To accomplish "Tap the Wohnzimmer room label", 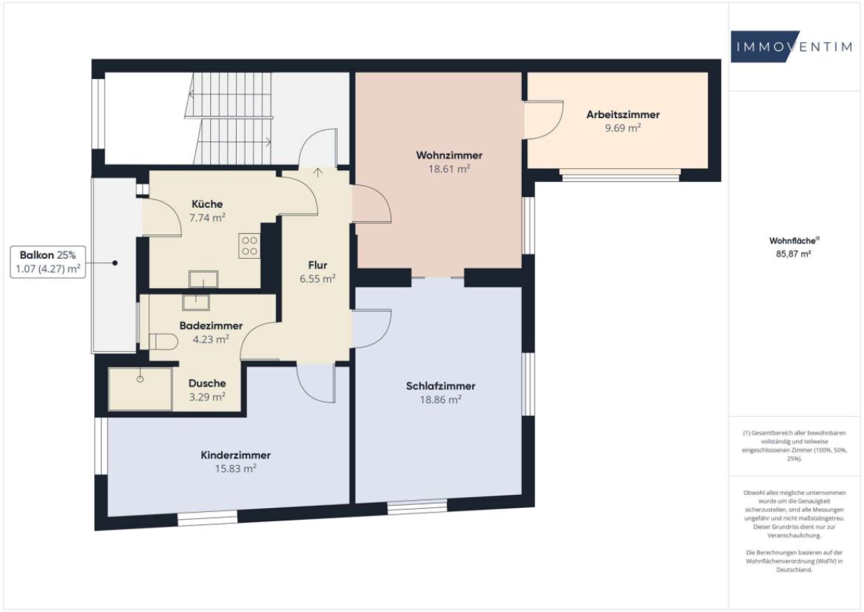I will (449, 156).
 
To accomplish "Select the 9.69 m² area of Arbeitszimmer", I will (623, 128).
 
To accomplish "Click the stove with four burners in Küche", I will (249, 246).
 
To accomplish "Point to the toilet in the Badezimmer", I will (163, 341).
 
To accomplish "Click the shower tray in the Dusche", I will (140, 388).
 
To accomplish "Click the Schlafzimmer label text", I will (440, 386).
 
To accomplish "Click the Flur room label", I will (318, 265).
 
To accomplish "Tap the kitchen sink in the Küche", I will (203, 278).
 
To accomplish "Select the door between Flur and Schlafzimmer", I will (372, 327).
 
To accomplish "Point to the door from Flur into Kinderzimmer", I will (316, 383).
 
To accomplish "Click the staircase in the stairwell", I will (229, 118).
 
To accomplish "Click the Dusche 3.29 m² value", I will (206, 397).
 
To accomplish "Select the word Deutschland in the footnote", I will (793, 570).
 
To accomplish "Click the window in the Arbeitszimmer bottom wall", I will (619, 175).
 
